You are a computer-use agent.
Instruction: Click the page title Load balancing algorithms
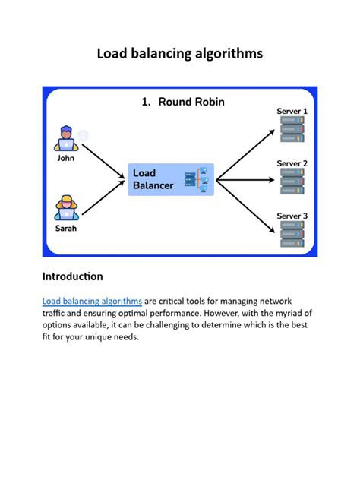(x=180, y=54)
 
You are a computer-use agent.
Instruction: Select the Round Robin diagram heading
(x=183, y=102)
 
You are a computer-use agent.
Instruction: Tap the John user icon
(x=66, y=138)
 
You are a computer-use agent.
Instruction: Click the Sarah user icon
(x=66, y=208)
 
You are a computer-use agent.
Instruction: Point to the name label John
(x=66, y=158)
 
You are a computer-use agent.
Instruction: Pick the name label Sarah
(x=66, y=229)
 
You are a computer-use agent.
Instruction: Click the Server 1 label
(x=292, y=111)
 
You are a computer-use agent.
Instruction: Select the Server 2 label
(x=292, y=163)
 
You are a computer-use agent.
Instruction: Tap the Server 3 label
(x=292, y=216)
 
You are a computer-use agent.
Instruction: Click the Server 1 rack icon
(x=292, y=129)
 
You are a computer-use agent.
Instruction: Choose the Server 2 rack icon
(x=292, y=182)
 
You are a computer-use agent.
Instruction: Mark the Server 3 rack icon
(x=292, y=234)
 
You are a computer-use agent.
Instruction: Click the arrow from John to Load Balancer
(x=103, y=161)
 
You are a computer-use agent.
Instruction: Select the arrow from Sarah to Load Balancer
(x=103, y=197)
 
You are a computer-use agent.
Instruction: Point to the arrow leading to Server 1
(x=245, y=155)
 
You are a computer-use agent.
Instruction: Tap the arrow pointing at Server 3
(x=245, y=206)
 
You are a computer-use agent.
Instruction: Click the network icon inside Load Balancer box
(x=197, y=180)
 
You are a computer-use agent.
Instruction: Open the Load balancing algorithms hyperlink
(x=92, y=302)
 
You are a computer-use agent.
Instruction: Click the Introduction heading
(x=73, y=276)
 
